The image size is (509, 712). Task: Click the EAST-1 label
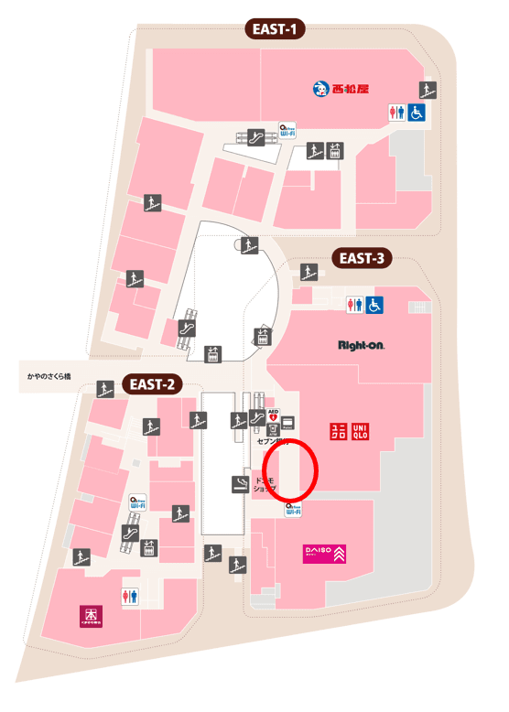(x=275, y=29)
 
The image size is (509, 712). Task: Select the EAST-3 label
(x=362, y=258)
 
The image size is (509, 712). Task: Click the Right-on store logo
(x=361, y=346)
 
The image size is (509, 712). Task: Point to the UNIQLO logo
(x=349, y=430)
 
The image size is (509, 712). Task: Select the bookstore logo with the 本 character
(x=92, y=615)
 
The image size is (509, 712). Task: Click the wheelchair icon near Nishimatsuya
(x=417, y=113)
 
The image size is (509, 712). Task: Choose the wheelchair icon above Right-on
(x=374, y=305)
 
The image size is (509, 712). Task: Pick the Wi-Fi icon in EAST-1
(x=287, y=132)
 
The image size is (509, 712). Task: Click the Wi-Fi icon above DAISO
(x=294, y=509)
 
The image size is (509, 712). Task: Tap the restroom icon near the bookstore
(x=131, y=596)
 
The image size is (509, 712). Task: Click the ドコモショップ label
(x=265, y=484)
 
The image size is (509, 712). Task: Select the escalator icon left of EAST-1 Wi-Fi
(x=255, y=136)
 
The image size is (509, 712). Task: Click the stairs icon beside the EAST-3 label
(x=309, y=272)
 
